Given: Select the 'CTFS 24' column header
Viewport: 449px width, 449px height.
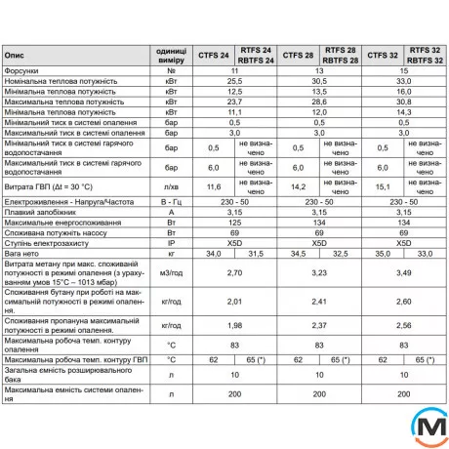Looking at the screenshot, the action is coord(215,56).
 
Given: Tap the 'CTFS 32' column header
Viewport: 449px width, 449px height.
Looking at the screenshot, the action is coord(379,56).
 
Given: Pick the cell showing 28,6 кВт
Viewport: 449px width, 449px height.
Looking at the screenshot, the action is coord(318,102).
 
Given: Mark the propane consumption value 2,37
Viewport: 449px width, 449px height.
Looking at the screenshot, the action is coord(318,325).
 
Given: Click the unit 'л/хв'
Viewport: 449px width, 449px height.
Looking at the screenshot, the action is coord(171,185).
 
